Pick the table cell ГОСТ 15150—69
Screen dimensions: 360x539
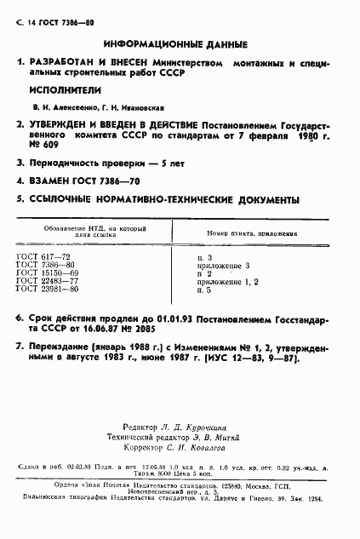point(46,273)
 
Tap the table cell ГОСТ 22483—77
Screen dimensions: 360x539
point(46,282)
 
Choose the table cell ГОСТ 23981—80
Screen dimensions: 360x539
point(46,290)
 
